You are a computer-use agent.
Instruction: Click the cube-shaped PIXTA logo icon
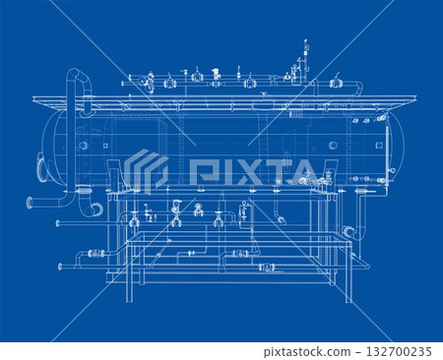point(146,170)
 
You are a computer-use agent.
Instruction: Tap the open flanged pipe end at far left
point(29,204)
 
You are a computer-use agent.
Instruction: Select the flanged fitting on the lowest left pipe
point(96,254)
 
